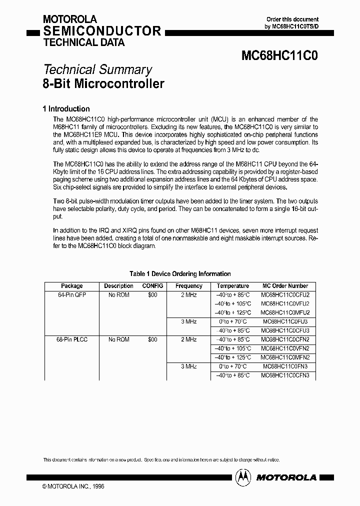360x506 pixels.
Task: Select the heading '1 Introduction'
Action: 66,108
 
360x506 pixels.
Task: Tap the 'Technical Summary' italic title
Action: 97,70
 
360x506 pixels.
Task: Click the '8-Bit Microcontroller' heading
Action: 103,83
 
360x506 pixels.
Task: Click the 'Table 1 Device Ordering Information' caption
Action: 180,273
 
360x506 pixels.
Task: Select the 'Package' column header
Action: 71,286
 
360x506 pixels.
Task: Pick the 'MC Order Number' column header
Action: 285,286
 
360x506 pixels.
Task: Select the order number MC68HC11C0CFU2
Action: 285,295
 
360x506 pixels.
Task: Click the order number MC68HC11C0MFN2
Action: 285,357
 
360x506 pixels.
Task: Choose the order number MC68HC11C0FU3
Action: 285,321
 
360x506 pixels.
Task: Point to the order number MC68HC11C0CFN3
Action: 285,375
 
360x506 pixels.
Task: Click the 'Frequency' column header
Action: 189,286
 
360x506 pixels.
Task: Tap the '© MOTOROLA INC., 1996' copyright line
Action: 73,486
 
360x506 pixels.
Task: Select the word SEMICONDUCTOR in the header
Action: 102,31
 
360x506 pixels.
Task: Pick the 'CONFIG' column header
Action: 152,286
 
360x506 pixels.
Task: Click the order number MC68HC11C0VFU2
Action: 285,303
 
